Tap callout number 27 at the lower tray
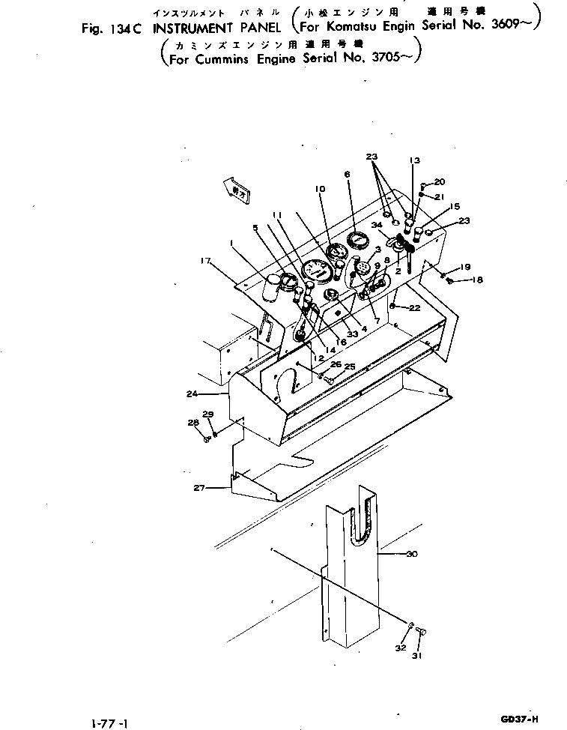tap(199, 488)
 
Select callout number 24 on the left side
tap(192, 392)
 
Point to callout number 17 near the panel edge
tap(206, 260)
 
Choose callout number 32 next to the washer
tap(401, 648)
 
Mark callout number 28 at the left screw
tap(193, 423)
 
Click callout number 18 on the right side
tap(476, 280)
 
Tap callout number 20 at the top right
tap(440, 181)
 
